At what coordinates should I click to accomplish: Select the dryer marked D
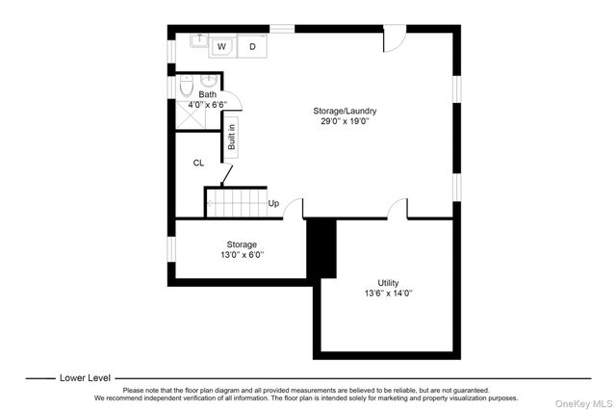tap(253, 46)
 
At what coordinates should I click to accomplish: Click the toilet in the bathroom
tap(186, 87)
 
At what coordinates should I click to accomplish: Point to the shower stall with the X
tap(190, 116)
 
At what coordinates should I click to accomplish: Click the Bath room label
tap(208, 94)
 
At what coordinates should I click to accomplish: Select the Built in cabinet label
tap(231, 134)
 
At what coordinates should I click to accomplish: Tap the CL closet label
tap(198, 163)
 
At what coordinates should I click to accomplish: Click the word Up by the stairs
tap(273, 203)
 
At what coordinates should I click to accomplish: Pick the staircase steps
tap(234, 202)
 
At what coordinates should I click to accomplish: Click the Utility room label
tap(388, 282)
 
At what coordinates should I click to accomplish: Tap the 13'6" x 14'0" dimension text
tap(388, 293)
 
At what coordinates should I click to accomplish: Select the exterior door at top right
tap(395, 38)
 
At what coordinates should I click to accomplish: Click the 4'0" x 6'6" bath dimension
tap(208, 104)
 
